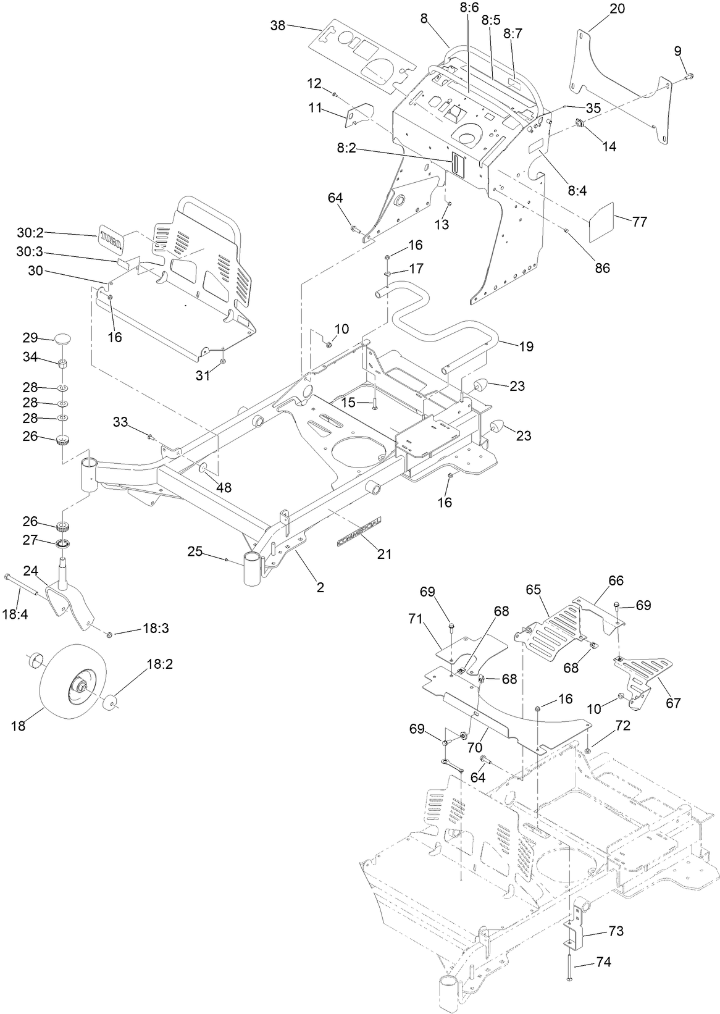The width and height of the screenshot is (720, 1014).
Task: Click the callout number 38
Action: point(278,25)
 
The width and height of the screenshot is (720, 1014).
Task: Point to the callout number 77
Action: point(639,221)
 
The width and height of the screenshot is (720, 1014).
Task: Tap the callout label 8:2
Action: point(349,150)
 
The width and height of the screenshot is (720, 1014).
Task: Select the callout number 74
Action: point(602,963)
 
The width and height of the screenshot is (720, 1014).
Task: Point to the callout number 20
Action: point(616,9)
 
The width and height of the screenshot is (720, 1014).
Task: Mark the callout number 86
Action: point(601,267)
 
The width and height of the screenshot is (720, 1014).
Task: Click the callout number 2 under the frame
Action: point(320,587)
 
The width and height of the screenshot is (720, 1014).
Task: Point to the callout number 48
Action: point(223,487)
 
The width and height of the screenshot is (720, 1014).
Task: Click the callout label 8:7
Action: point(513,33)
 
